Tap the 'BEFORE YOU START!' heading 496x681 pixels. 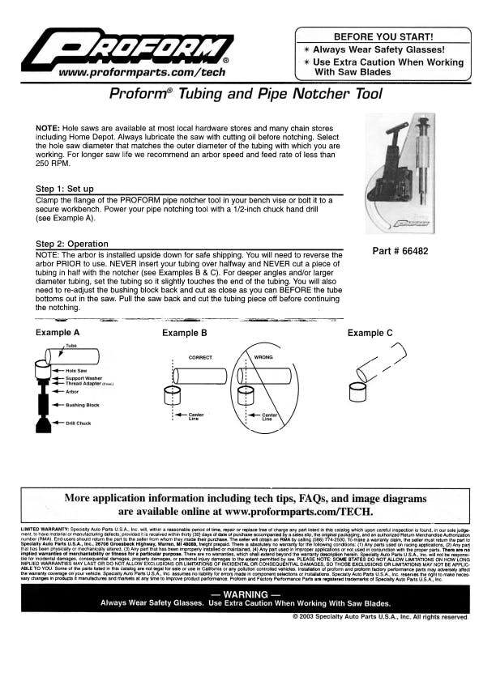pyautogui.click(x=383, y=37)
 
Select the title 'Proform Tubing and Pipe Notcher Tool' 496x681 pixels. pyautogui.click(x=246, y=94)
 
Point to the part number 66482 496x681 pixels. pyautogui.click(x=400, y=252)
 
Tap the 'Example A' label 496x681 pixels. pyautogui.click(x=58, y=333)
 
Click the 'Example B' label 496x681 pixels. pyautogui.click(x=185, y=333)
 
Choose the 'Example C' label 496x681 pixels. pyautogui.click(x=370, y=333)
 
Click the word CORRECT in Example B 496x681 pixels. pyautogui.click(x=200, y=356)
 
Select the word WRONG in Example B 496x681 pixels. pyautogui.click(x=264, y=356)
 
